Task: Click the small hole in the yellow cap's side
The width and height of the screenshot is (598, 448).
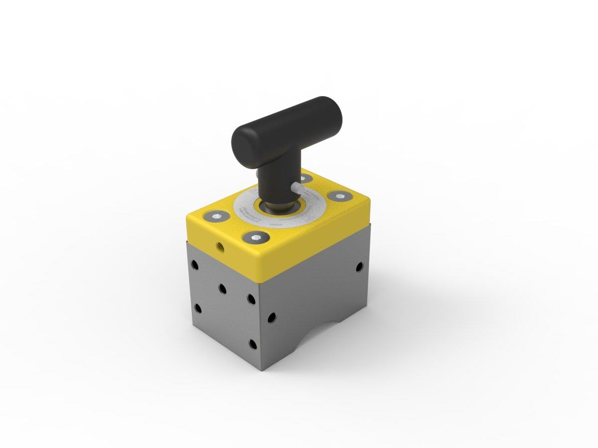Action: tap(219, 245)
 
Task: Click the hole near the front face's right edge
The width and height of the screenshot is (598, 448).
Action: tap(359, 267)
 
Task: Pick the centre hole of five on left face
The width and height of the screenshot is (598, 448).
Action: tap(223, 289)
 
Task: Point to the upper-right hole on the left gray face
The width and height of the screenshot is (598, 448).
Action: tap(251, 299)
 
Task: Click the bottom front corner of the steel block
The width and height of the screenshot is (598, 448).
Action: tap(263, 370)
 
